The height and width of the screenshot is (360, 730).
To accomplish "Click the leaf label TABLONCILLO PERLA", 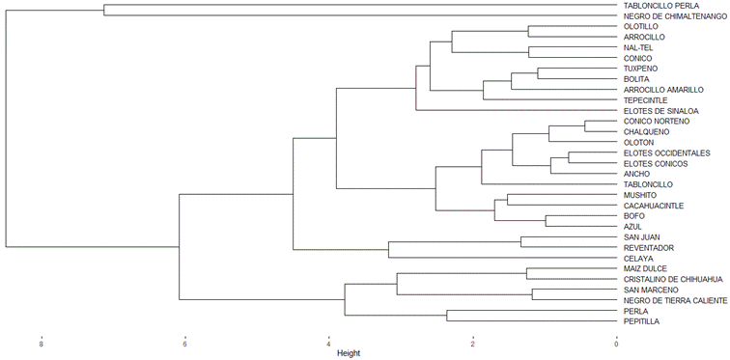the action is coord(656,6).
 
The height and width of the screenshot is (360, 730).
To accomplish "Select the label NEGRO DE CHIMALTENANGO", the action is coord(675,16).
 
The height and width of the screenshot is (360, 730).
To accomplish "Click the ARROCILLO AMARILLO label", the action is coord(663,90).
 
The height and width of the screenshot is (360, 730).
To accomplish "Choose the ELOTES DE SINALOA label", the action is coord(660,111).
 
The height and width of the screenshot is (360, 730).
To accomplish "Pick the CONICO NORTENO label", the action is coord(657,122).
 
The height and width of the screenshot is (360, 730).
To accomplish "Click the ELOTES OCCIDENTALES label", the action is coord(666,153).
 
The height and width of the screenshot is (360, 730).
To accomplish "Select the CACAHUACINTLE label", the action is coord(654,206).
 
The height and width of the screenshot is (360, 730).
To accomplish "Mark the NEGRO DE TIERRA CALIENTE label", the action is coord(675,300).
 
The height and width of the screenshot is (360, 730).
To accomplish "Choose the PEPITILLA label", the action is coord(641,321).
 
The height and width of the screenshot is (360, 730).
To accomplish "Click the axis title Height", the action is coord(349,353).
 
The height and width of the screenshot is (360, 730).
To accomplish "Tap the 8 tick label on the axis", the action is coord(42,346).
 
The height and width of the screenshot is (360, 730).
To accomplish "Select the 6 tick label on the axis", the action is coord(184,346).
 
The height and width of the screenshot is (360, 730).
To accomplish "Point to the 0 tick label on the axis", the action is coord(616,346).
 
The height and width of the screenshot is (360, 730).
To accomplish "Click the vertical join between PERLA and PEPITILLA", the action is coord(447,316).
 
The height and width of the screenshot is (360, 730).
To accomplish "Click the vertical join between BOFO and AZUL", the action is coord(546,221).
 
